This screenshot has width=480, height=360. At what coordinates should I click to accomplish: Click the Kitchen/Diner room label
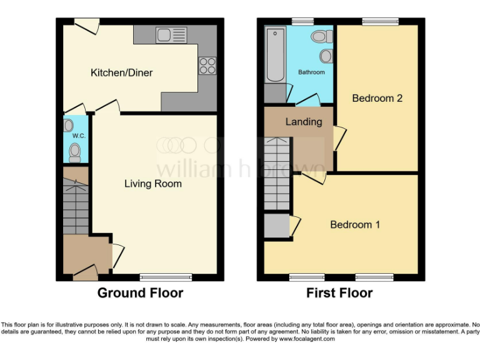[122, 73]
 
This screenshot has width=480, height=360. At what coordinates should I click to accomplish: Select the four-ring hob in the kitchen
[207, 65]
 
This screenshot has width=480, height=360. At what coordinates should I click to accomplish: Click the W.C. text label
[78, 136]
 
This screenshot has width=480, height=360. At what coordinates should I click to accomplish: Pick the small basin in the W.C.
[69, 126]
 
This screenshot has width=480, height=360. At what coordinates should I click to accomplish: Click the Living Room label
[153, 184]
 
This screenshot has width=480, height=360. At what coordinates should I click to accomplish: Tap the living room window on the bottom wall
[166, 277]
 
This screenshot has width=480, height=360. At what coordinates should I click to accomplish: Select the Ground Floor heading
[140, 293]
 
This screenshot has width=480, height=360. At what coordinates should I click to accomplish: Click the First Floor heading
[339, 293]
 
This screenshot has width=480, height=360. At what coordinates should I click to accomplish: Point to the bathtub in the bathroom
[275, 55]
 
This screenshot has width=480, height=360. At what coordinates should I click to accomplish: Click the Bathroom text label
[311, 72]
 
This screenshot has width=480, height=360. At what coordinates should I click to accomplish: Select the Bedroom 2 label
[377, 98]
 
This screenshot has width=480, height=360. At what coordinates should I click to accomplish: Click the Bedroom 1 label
[355, 224]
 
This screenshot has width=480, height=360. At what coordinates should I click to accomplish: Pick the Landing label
[304, 122]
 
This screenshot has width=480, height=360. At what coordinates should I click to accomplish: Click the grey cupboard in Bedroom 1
[276, 226]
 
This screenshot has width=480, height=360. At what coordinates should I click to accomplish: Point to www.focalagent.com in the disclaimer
[307, 339]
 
